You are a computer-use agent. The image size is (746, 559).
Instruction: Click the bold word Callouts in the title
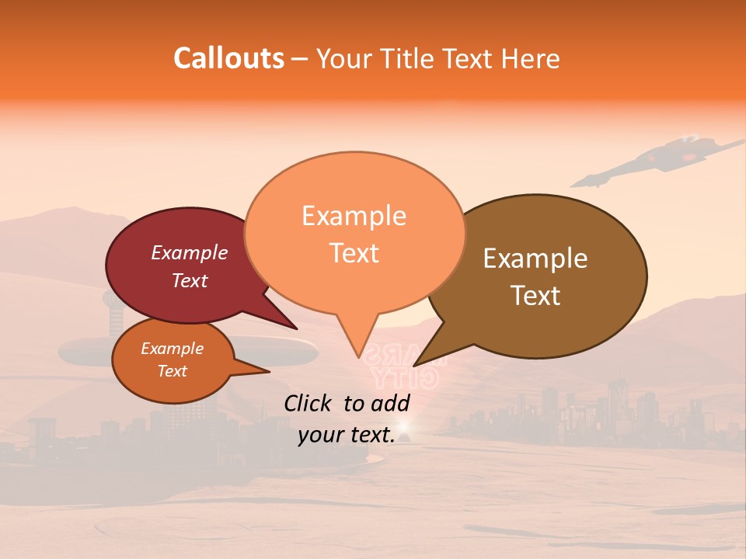228,58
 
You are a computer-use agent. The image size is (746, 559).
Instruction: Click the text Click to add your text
347,418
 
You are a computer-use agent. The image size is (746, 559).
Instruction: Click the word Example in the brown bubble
535,259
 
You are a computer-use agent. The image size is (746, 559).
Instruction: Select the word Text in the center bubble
354,253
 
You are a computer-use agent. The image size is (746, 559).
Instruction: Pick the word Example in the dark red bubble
190,253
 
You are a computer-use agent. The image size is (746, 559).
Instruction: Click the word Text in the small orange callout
173,371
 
